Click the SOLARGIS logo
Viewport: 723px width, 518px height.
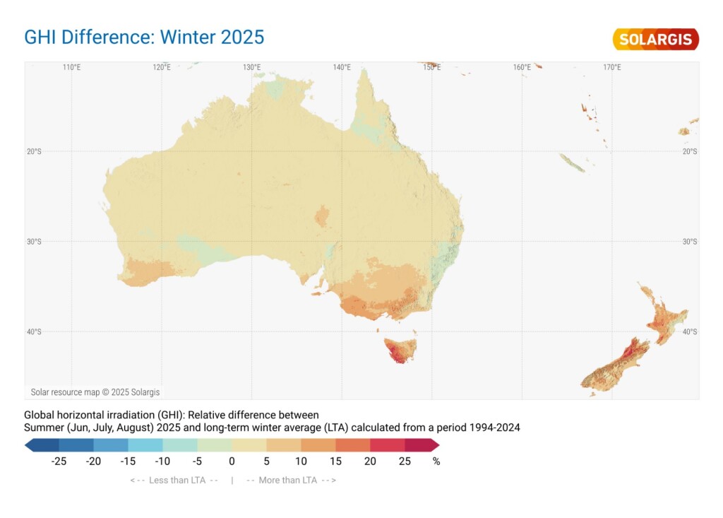click(656, 39)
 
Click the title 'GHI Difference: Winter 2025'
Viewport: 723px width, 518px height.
click(144, 37)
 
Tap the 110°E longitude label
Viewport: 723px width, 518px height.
click(71, 68)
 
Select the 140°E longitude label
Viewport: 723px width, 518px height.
click(342, 68)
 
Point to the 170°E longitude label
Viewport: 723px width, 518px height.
click(612, 68)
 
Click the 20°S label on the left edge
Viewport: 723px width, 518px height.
click(34, 151)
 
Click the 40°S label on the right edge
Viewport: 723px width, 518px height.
click(690, 331)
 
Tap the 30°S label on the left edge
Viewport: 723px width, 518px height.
click(34, 242)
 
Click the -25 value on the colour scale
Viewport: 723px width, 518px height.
click(59, 461)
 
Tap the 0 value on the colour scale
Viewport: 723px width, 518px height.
click(232, 461)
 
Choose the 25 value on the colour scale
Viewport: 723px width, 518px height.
click(405, 461)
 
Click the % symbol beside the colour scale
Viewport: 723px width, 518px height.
click(436, 461)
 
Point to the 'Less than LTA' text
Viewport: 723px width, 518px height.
click(174, 481)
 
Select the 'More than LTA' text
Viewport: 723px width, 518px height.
click(291, 481)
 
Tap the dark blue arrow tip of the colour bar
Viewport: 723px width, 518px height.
click(30, 445)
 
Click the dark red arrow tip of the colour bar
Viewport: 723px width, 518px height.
click(434, 445)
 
